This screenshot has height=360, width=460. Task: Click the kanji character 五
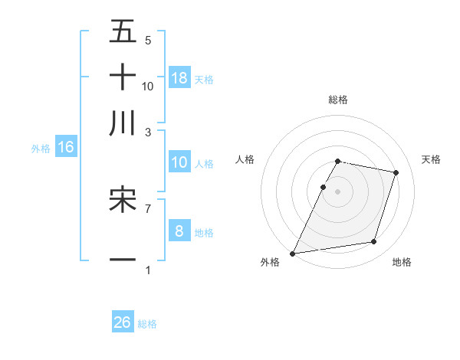(x=123, y=31)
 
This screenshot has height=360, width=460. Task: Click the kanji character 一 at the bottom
(x=123, y=260)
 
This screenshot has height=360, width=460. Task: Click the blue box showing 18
(x=179, y=77)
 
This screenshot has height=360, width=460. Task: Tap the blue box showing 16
(x=66, y=148)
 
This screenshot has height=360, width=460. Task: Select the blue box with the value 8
(x=179, y=231)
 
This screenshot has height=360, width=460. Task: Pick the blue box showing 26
(x=123, y=322)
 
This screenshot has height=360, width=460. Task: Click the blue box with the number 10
(x=179, y=162)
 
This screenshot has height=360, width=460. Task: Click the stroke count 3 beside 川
(x=148, y=133)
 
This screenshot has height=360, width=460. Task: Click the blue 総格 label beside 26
(x=147, y=324)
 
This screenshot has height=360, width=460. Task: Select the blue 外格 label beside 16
(x=41, y=149)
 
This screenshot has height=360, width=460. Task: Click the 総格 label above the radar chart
(x=338, y=100)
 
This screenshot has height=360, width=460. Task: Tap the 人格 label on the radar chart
(x=245, y=159)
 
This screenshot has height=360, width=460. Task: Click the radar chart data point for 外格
(x=293, y=253)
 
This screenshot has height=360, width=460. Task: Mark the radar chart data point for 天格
(x=396, y=172)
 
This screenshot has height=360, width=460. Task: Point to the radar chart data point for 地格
(x=374, y=242)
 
